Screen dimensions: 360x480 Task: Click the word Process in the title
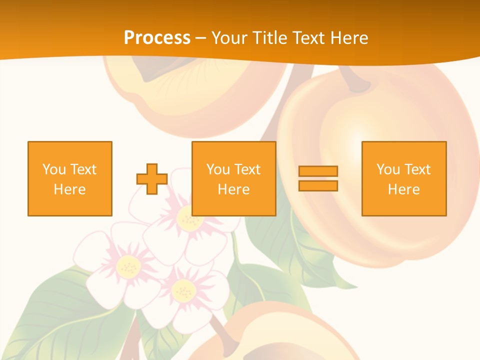point(157,37)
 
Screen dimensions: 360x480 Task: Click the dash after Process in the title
point(201,38)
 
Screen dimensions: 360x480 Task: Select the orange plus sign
point(152,178)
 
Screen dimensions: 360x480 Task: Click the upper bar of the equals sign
point(318,171)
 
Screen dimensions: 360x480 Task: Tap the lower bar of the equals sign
point(318,185)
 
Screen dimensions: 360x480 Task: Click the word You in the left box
point(54,169)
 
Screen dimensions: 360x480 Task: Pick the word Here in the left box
point(69,189)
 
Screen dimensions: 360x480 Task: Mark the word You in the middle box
point(218,169)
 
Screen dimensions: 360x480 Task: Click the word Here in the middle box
point(233,189)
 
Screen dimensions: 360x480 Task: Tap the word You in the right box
point(388,169)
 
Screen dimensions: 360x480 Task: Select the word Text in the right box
point(417,169)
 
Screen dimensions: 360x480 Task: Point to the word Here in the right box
point(403,189)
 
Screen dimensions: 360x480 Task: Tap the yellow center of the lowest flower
point(183,290)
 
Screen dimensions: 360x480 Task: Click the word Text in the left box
point(83,169)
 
